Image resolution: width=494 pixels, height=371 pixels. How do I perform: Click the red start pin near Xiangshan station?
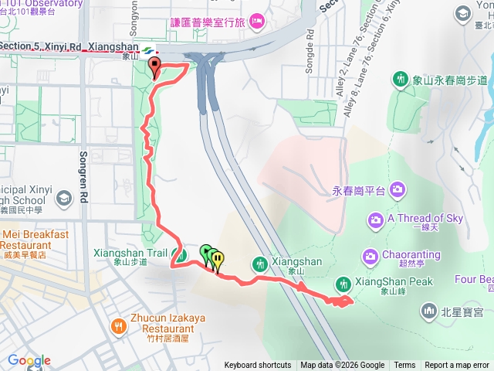154,67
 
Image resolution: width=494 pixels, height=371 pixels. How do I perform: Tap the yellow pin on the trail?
218,260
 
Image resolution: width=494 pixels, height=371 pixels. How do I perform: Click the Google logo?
29,361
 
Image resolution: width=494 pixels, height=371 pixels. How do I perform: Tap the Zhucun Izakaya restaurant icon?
117,326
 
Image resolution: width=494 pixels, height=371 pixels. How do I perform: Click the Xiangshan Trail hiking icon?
180,256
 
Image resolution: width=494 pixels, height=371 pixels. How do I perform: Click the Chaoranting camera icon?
370,255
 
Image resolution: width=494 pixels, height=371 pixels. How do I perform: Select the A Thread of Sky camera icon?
375,220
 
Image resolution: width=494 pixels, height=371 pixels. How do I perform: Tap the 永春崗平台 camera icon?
398,189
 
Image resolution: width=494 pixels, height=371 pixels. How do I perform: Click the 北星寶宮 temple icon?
430,311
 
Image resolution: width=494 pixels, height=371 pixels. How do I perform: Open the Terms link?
404,366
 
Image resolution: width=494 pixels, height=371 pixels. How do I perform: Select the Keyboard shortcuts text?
258,366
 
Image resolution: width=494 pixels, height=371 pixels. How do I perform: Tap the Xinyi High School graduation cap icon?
63,199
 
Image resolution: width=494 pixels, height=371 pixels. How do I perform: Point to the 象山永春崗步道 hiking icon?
401,79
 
